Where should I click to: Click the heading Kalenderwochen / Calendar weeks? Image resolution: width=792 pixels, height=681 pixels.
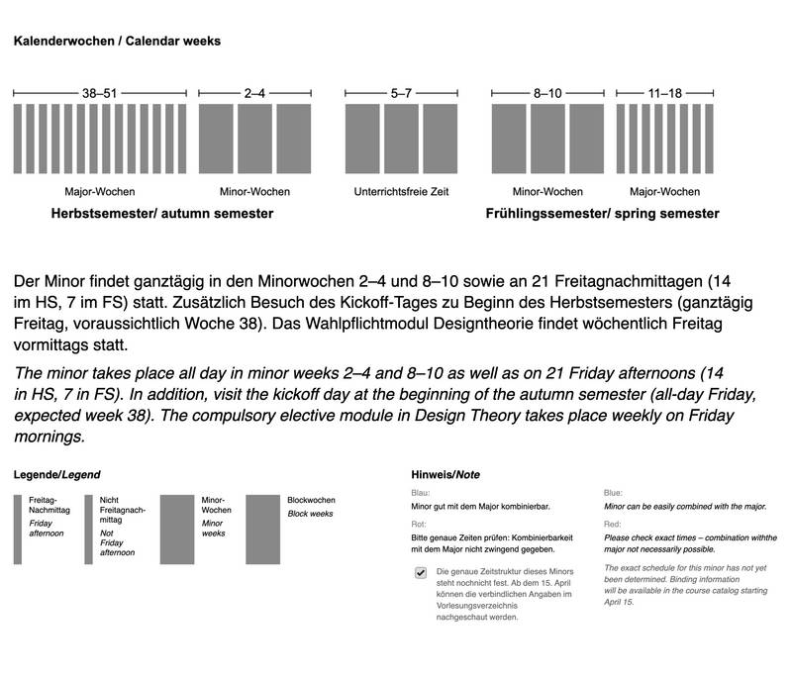[x=115, y=42]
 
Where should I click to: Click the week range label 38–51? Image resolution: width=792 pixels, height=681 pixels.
[x=99, y=93]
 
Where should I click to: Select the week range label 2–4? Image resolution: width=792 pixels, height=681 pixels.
[x=253, y=93]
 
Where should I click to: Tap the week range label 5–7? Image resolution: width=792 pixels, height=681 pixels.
[x=400, y=93]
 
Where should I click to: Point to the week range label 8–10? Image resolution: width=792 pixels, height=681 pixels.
[x=547, y=93]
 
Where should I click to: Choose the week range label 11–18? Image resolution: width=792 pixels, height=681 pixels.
[x=663, y=93]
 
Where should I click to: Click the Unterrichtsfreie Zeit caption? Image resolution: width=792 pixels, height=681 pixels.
[x=401, y=191]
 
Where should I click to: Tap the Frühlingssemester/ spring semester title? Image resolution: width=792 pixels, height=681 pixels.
[x=602, y=213]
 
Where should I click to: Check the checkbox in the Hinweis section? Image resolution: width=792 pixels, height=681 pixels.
[x=421, y=572]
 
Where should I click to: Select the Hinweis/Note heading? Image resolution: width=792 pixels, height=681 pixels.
[x=440, y=475]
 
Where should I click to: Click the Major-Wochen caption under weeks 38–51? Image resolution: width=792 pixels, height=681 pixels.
[x=99, y=191]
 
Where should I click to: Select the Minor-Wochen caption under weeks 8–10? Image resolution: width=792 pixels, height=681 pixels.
[x=547, y=191]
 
